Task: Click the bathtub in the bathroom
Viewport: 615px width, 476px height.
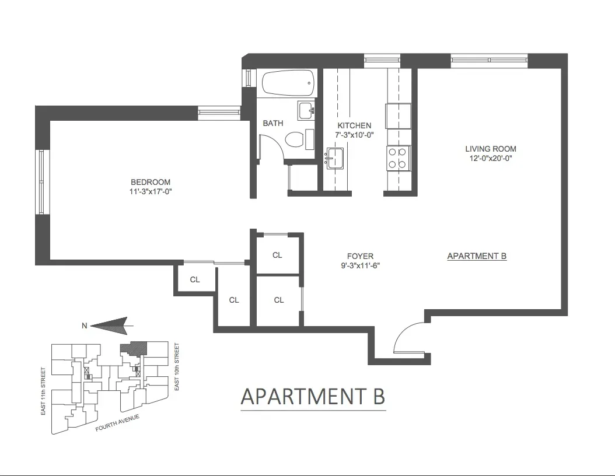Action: point(288,84)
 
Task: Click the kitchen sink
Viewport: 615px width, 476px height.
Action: point(335,158)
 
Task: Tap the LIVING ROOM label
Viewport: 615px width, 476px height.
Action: point(490,149)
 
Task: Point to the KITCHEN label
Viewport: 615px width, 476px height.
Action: point(354,125)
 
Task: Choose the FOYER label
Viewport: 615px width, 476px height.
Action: point(360,256)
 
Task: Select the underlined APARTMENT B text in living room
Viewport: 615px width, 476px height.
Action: point(476,256)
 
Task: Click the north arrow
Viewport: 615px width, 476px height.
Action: point(111,325)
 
